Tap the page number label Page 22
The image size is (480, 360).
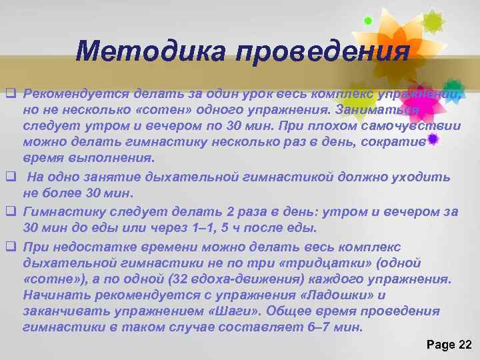pos(448,344)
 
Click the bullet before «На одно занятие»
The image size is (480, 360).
pos(10,177)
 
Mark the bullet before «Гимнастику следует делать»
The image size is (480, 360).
pos(10,212)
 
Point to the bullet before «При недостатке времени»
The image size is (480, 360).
pos(10,247)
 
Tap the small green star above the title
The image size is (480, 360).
pos(367,21)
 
